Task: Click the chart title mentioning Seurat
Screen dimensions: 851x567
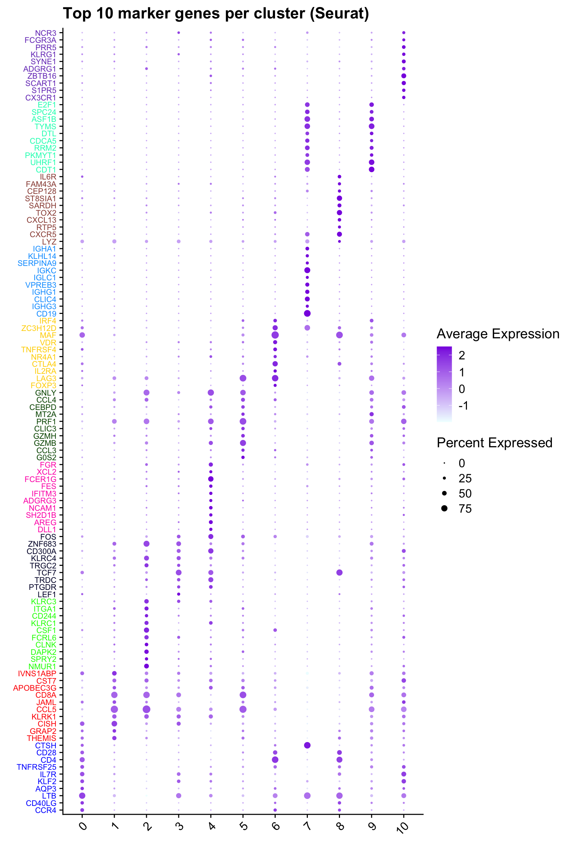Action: tap(216, 14)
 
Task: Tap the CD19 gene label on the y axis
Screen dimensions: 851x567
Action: tap(46, 314)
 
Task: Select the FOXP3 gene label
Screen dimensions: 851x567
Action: tap(44, 386)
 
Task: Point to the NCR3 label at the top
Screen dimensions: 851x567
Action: tap(46, 33)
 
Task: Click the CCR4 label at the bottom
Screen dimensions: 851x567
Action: tap(46, 810)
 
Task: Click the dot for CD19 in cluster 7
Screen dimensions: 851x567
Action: tap(307, 313)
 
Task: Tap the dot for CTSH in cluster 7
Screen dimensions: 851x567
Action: tap(307, 745)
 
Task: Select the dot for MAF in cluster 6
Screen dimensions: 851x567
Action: tap(275, 335)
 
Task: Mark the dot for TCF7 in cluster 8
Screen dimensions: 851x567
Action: tap(339, 573)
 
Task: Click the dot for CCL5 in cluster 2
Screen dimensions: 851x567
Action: tap(147, 709)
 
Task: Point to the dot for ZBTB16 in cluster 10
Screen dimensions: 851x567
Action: tap(403, 76)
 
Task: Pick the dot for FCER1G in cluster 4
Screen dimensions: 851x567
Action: tap(211, 479)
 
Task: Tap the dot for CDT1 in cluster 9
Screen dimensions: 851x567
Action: tap(371, 169)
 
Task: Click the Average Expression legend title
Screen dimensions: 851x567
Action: tap(498, 334)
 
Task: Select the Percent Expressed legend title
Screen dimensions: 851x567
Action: tap(494, 442)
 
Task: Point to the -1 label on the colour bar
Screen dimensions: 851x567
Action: tap(464, 406)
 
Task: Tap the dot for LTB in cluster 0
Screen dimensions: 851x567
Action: tap(82, 795)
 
